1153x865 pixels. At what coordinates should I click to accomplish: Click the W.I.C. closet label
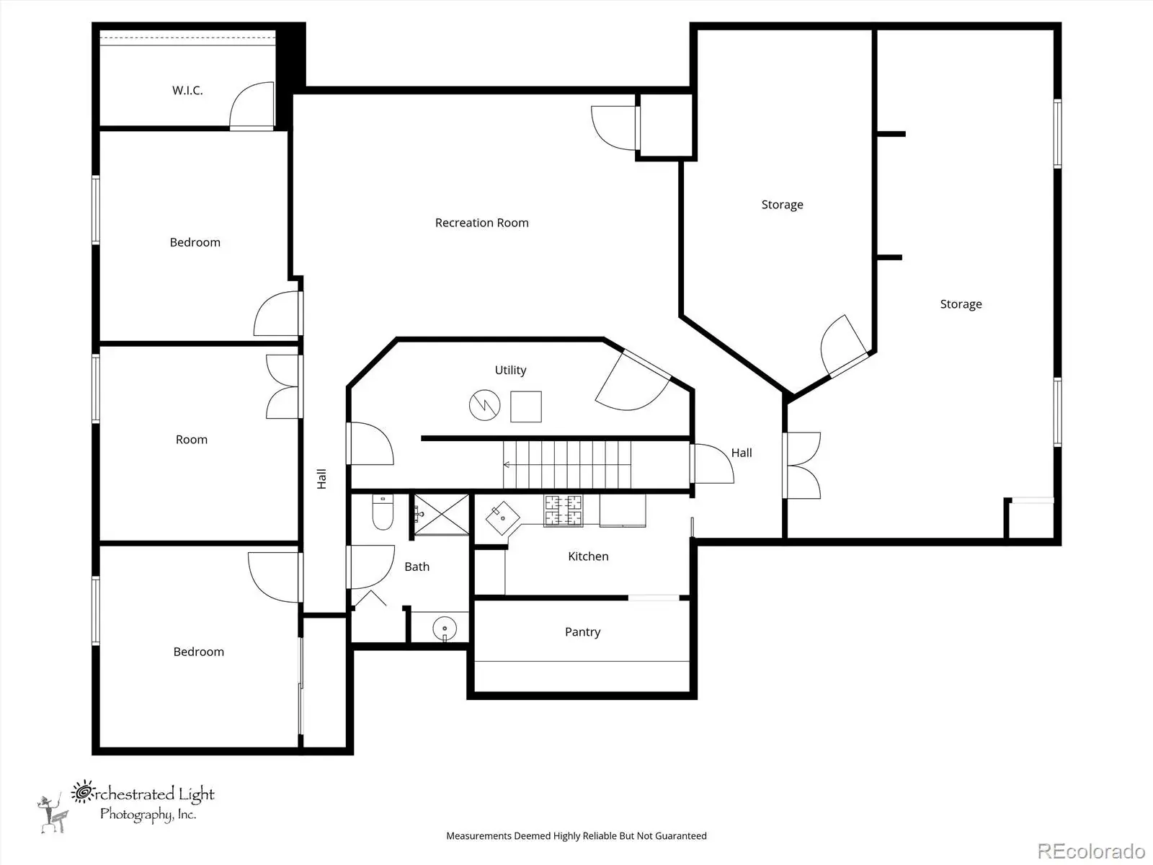coord(187,90)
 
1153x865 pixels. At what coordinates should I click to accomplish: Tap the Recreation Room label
coord(481,223)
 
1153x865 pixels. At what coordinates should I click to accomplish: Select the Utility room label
coord(510,371)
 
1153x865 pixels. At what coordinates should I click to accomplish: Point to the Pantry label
coord(582,632)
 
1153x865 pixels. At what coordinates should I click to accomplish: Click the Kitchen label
coord(588,556)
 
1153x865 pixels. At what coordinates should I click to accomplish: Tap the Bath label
coord(417,567)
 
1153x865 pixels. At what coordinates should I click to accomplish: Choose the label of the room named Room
coord(191,440)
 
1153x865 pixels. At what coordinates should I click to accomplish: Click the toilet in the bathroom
coord(383,512)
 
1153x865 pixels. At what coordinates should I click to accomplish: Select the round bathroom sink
coord(445,628)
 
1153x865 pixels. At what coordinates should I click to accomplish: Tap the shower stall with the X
coord(441,515)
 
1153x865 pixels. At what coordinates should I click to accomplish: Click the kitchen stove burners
coord(563,510)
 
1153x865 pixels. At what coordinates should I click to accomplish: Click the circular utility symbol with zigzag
coord(484,405)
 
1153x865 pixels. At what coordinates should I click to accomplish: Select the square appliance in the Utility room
coord(526,407)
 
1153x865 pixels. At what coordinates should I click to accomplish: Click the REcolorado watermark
coord(1091,851)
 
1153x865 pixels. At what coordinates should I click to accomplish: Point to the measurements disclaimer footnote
coord(576,835)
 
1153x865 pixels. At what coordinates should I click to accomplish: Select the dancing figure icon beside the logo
coord(53,813)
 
